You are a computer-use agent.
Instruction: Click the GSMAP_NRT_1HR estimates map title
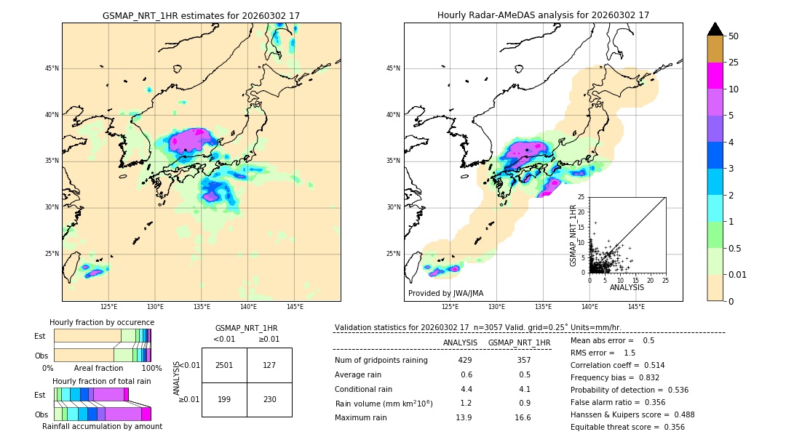pos(201,15)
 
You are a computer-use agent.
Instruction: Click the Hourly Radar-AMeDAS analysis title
pos(543,15)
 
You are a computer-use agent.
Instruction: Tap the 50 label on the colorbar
pos(734,36)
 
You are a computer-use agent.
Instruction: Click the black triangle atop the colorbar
pos(715,29)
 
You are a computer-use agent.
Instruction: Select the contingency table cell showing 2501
pos(224,365)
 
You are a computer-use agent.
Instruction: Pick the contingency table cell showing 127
pos(269,365)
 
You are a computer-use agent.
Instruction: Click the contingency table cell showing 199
pos(224,399)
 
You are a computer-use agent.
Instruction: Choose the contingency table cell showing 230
pos(269,399)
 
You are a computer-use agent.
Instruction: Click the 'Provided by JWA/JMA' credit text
pos(445,294)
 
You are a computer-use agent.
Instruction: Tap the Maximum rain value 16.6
pos(523,417)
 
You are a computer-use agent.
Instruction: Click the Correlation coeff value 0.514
pos(650,365)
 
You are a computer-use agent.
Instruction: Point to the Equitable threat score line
pos(627,427)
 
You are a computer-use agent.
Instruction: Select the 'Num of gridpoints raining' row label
pos(381,361)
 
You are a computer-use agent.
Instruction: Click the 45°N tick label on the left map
pos(52,69)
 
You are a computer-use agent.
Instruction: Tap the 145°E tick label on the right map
pos(636,307)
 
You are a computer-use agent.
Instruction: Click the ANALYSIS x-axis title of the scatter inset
pos(627,287)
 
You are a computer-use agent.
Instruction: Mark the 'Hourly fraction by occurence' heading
pos(102,322)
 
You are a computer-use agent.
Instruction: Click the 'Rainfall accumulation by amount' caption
pos(102,426)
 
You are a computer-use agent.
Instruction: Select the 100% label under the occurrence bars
pos(151,368)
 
